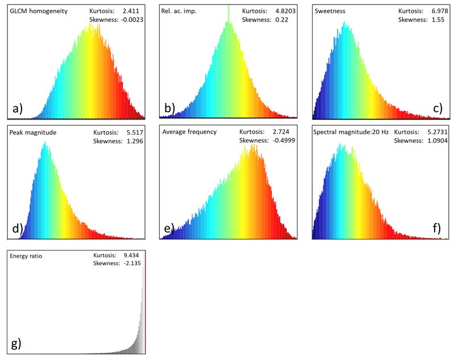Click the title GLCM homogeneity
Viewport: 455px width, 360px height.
(36, 11)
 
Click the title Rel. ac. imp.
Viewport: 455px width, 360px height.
(178, 11)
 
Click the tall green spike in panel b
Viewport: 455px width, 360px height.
(228, 14)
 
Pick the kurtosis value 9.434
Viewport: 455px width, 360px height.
(132, 255)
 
